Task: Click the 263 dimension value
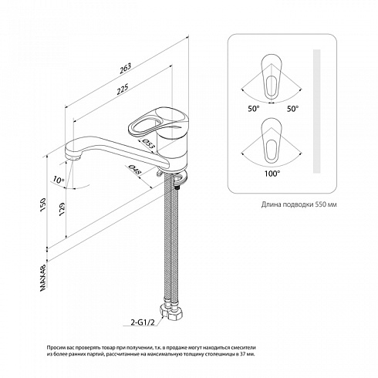coord(125,68)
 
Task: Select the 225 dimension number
coord(122,89)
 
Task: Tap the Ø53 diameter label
coord(148,143)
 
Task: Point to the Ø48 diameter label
coord(135,170)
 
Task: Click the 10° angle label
coord(59,180)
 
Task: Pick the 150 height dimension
coord(42,204)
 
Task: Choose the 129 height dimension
coord(62,209)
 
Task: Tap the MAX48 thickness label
coord(43,278)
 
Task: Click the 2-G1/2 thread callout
coord(143,322)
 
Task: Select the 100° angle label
coord(272,174)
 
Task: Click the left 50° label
coord(254,109)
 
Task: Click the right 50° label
coord(293,109)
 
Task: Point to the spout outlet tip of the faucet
coord(76,157)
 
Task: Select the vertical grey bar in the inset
coord(316,111)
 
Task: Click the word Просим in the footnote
coord(55,348)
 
